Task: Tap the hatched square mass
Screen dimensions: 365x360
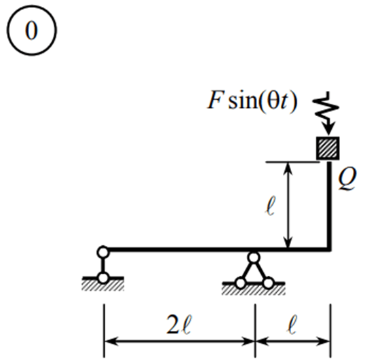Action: pos(328,148)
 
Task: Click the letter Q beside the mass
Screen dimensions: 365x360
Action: pos(347,179)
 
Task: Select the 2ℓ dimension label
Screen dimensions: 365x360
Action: pos(179,324)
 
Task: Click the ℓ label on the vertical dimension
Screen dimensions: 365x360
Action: pos(271,205)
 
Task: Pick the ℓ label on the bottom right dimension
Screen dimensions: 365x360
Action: pos(292,324)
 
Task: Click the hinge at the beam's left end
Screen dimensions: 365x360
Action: pos(103,252)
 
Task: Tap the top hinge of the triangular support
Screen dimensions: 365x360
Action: pos(254,257)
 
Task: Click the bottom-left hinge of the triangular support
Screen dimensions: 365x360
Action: pos(240,283)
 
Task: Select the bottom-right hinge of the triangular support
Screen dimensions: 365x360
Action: pos(268,283)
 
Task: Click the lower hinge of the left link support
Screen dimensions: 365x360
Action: pos(103,278)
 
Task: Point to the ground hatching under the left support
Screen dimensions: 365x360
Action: pos(102,285)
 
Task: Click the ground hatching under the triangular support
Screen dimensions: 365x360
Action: pos(254,290)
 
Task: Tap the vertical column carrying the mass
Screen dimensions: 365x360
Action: pos(330,205)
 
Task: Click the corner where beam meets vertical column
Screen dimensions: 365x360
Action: pos(330,249)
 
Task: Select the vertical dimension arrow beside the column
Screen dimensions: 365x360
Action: pos(288,204)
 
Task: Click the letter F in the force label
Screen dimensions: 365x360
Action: pos(214,100)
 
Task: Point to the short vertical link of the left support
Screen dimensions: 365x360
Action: pos(103,265)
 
